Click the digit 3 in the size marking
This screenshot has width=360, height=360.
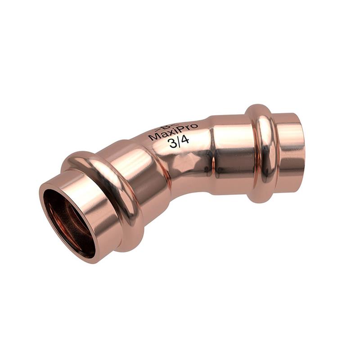(x=173, y=144)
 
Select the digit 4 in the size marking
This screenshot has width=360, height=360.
(x=184, y=141)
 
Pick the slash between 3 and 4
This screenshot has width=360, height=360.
(x=179, y=143)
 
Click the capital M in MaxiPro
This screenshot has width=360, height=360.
(x=153, y=138)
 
